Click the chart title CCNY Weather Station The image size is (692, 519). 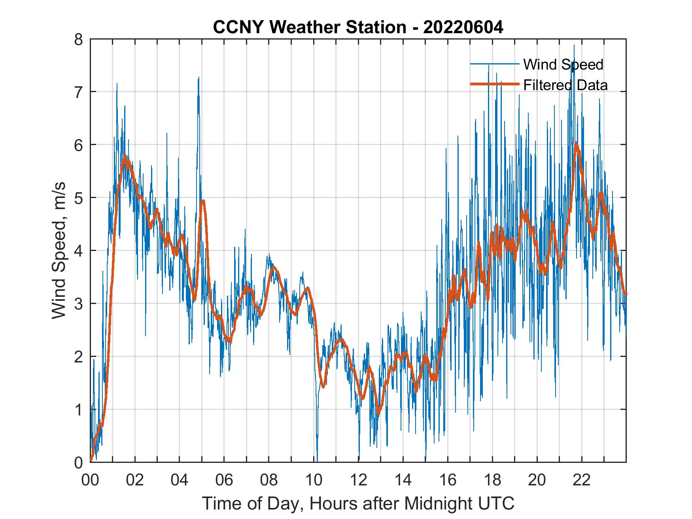click(x=358, y=27)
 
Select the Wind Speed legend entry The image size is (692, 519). click(x=563, y=64)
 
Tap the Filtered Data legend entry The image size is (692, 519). click(x=565, y=85)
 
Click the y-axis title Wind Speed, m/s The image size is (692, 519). click(x=59, y=251)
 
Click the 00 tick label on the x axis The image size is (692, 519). click(x=90, y=480)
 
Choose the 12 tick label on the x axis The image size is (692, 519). click(x=358, y=480)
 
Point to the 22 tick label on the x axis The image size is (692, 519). click(x=582, y=480)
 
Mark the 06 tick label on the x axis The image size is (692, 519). click(x=224, y=480)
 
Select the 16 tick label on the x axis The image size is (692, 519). click(x=448, y=480)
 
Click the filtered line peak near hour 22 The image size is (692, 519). click(x=576, y=143)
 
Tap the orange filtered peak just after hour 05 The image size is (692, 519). click(x=203, y=201)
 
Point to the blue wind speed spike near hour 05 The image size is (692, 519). click(x=199, y=78)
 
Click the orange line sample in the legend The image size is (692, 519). click(x=494, y=84)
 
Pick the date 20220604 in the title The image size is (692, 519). click(x=463, y=27)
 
